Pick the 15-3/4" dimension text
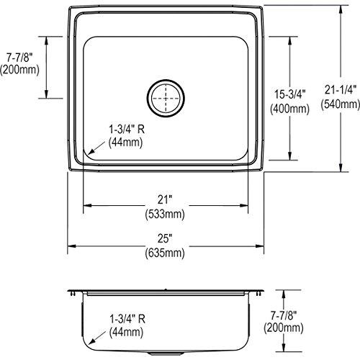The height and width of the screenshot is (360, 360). click(312, 93)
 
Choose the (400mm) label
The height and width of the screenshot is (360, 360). click(312, 109)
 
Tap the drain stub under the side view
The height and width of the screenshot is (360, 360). click(165, 356)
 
